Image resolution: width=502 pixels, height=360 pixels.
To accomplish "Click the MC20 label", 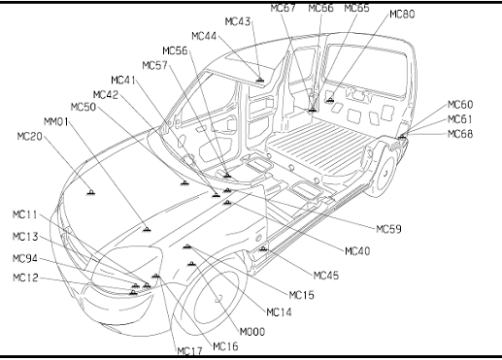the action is tap(29, 137).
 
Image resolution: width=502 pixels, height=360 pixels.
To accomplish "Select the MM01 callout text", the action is tap(56, 122).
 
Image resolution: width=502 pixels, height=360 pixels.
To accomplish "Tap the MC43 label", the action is tap(238, 21).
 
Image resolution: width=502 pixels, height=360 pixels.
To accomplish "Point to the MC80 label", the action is tap(402, 15).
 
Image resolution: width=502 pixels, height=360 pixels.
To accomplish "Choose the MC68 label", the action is tap(460, 134).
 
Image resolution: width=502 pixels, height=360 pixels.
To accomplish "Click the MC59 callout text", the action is tap(388, 229).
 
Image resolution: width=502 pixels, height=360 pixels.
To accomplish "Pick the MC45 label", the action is tap(326, 276).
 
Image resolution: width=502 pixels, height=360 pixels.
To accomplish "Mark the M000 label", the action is tap(252, 332).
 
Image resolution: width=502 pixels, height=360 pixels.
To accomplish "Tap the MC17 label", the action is tap(190, 351).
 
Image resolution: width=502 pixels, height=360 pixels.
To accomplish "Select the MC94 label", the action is tap(25, 258).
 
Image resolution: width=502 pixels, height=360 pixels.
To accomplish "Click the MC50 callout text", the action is tap(84, 107).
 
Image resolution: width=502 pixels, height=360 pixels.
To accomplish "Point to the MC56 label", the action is tap(175, 50).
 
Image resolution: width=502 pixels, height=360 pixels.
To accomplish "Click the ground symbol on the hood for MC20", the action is tap(91, 192).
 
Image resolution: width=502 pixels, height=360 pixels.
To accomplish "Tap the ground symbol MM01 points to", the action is tap(147, 229).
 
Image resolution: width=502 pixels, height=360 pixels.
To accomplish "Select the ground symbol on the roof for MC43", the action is tap(259, 80).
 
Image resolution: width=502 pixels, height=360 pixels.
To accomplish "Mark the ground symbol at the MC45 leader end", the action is tap(263, 248).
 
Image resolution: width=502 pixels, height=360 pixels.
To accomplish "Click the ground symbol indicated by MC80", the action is tap(330, 100).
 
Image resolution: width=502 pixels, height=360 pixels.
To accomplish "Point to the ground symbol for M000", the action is tap(191, 264).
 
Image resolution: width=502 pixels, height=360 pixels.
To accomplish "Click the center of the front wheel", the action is tap(218, 299).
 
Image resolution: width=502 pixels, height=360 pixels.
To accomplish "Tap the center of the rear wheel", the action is tap(385, 174).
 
